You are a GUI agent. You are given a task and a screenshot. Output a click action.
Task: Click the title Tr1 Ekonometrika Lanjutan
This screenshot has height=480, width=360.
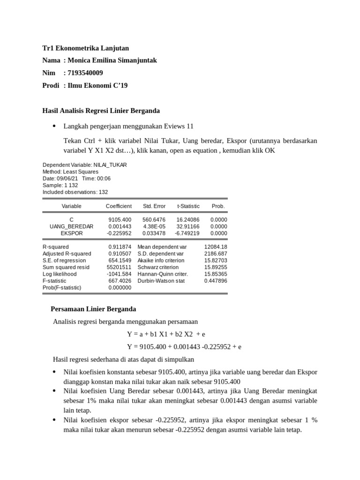pyautogui.click(x=85, y=48)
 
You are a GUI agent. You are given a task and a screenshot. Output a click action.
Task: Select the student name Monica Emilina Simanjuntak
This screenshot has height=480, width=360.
pyautogui.click(x=112, y=60)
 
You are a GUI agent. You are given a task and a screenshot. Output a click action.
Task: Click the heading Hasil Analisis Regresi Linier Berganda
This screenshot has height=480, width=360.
pyautogui.click(x=101, y=111)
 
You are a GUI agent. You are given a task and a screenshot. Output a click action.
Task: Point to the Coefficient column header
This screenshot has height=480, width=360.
pyautogui.click(x=119, y=206)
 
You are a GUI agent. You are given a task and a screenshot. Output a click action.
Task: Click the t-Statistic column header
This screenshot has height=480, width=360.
pyautogui.click(x=188, y=206)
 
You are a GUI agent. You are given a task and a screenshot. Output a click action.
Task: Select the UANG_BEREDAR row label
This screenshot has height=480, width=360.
pyautogui.click(x=71, y=226)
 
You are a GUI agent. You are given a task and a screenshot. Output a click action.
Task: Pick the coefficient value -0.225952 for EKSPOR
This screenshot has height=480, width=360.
pyautogui.click(x=119, y=233)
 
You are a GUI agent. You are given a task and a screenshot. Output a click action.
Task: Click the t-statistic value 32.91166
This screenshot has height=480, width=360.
pyautogui.click(x=188, y=226)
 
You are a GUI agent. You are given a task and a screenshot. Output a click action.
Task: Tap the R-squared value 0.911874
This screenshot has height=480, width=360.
pyautogui.click(x=120, y=247)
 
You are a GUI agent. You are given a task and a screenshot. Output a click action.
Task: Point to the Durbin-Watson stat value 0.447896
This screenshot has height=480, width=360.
pyautogui.click(x=216, y=281)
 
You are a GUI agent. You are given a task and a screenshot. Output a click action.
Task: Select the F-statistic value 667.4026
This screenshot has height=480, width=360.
pyautogui.click(x=120, y=281)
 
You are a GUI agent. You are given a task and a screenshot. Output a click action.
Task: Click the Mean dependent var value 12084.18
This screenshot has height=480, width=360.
pyautogui.click(x=216, y=247)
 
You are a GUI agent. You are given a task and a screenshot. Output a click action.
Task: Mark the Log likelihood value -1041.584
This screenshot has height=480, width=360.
pyautogui.click(x=119, y=274)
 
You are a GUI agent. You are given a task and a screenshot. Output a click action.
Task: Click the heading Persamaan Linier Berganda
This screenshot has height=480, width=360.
pyautogui.click(x=93, y=309)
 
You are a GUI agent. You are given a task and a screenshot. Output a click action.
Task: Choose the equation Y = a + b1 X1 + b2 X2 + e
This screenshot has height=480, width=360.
pyautogui.click(x=166, y=334)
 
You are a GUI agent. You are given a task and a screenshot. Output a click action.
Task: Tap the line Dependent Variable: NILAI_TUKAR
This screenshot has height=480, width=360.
pyautogui.click(x=84, y=165)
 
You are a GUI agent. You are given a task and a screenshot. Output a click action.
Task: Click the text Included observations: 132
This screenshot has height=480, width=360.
pyautogui.click(x=75, y=192)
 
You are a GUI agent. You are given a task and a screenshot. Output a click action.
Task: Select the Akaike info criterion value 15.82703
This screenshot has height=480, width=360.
pyautogui.click(x=216, y=260)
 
